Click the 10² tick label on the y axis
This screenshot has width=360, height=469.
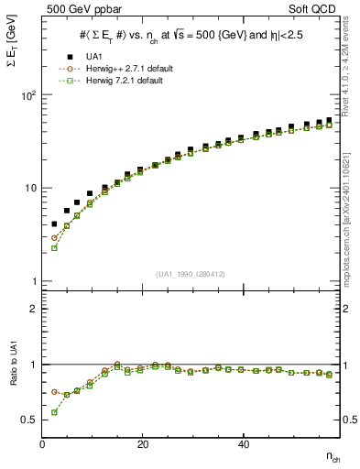coord(27,95)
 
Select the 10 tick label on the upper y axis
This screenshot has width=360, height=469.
coord(30,189)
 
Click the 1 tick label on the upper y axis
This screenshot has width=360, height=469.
coord(33,282)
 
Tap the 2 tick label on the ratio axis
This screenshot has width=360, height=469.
coord(33,309)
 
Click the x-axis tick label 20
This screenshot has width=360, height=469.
coord(143,444)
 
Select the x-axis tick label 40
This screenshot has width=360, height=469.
coord(243,444)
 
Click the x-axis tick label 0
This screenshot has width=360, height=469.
coord(43,444)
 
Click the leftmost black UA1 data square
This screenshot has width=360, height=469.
coord(54,224)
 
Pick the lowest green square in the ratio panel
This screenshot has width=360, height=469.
coord(54,412)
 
